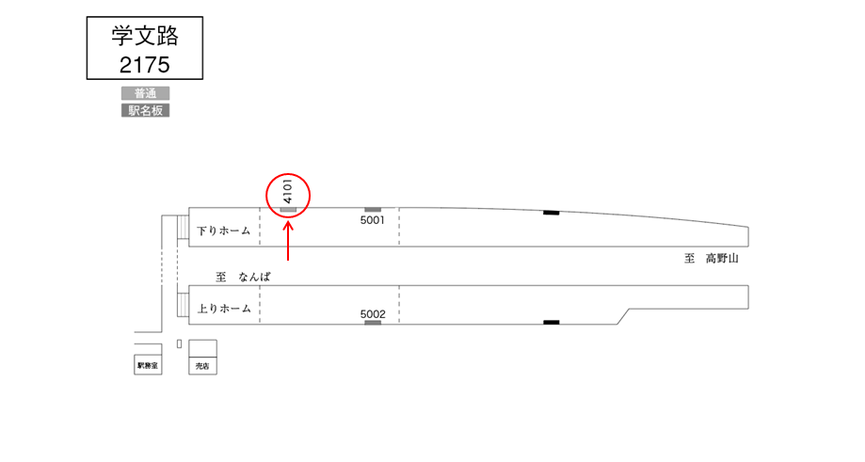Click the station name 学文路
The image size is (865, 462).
click(145, 36)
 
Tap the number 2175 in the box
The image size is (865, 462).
click(145, 65)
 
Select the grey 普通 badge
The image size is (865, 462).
click(146, 93)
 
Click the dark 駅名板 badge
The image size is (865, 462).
click(146, 110)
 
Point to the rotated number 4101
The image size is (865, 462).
click(287, 191)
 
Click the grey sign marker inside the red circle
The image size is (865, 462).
click(289, 210)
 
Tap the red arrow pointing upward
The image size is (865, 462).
click(288, 240)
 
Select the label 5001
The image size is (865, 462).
click(373, 220)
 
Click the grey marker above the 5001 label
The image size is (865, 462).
click(373, 210)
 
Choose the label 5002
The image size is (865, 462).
click(373, 314)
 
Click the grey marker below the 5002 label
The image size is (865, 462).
click(373, 323)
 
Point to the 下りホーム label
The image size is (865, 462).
click(223, 231)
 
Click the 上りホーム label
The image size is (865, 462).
click(224, 309)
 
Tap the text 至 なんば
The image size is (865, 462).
click(243, 277)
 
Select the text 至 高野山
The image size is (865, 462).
click(712, 259)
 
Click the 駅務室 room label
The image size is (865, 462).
click(148, 365)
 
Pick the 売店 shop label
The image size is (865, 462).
click(202, 365)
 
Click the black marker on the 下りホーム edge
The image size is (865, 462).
click(552, 213)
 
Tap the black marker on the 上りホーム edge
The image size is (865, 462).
click(552, 322)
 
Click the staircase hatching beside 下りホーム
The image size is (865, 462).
click(184, 227)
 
